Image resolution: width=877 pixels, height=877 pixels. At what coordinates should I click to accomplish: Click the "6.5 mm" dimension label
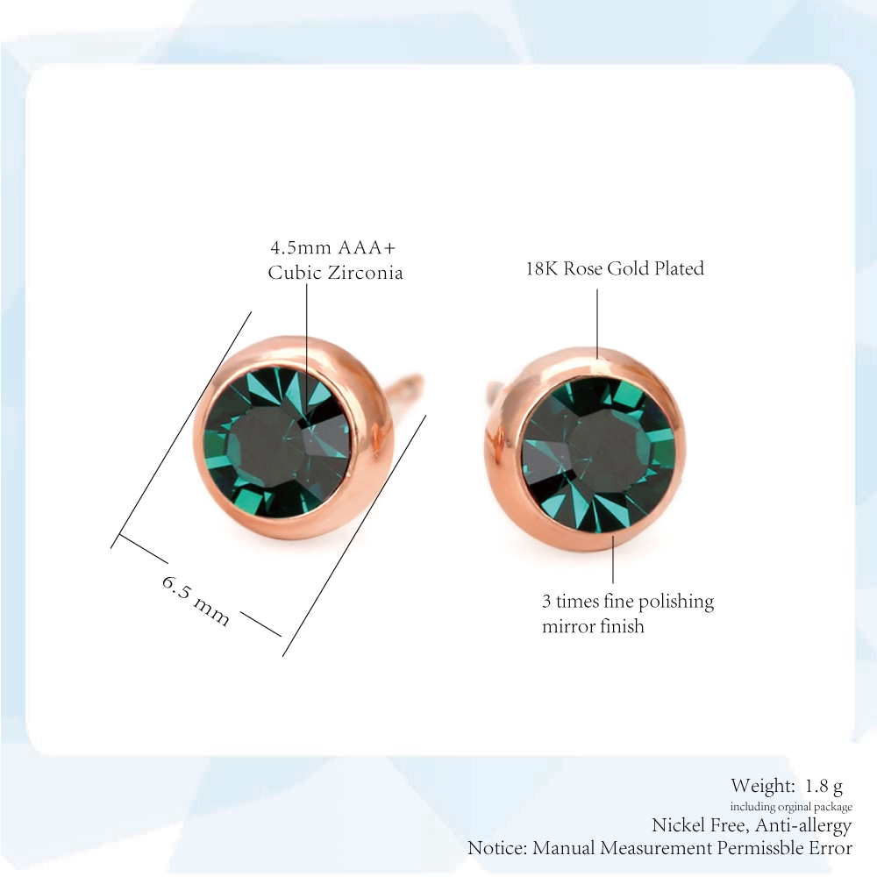pos(196,601)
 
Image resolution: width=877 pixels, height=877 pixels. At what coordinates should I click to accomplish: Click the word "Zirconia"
pos(365,273)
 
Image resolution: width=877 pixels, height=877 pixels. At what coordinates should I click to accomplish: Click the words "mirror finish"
pos(593,626)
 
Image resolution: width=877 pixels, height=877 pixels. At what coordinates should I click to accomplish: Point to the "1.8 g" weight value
pos(824,787)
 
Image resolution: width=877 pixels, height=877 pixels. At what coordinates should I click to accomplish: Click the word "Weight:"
pos(762,786)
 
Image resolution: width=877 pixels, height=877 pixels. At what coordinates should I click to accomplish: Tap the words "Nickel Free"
pos(698,825)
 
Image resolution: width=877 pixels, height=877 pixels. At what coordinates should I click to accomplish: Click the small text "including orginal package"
pos(791,807)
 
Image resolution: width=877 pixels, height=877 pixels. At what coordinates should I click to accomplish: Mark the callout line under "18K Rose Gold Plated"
pos(596,324)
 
